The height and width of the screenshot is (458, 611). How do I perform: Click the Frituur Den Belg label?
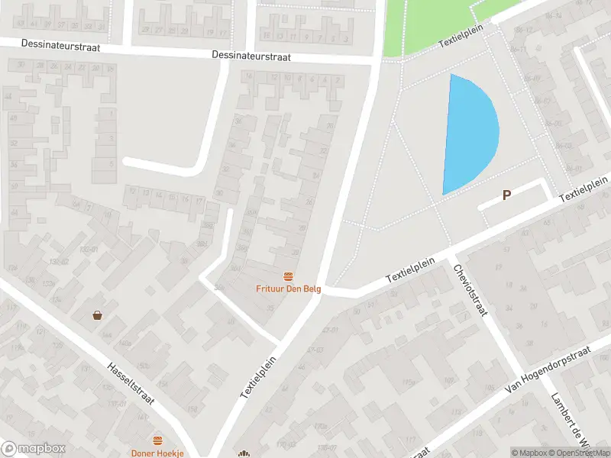click(288, 289)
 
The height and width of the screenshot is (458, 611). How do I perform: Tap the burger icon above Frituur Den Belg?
click(288, 276)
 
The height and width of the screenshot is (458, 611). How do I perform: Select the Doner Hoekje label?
click(157, 453)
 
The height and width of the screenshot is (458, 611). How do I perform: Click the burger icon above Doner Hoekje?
click(157, 440)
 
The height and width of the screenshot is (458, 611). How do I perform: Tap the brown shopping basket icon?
click(98, 314)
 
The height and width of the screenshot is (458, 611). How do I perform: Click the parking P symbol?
click(506, 195)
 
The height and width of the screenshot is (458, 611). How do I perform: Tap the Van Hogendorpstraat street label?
click(548, 369)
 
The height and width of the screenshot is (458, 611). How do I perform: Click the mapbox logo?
click(34, 449)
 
